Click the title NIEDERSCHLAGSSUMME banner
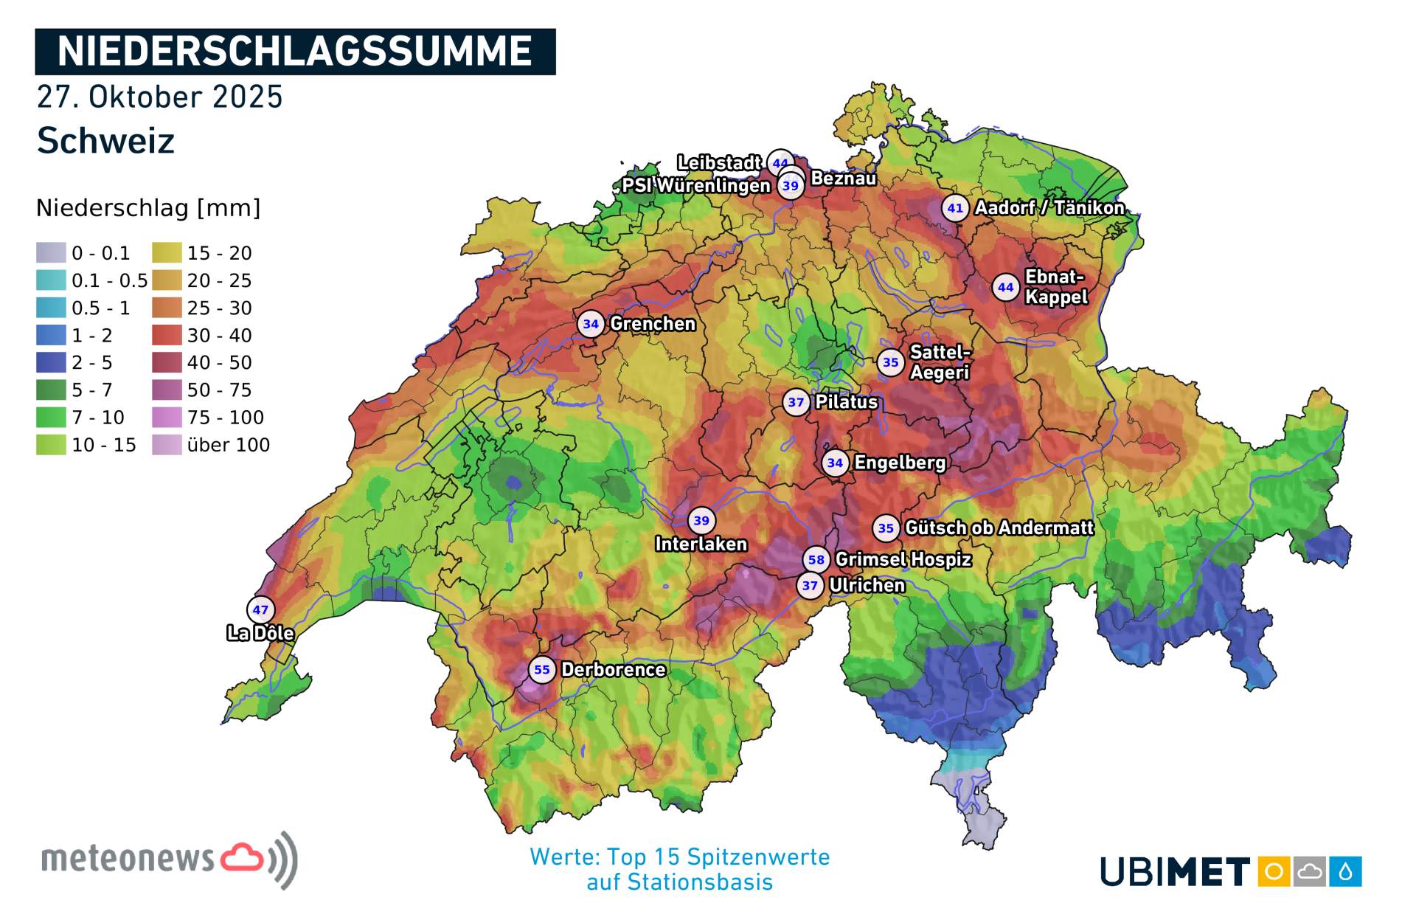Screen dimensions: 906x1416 (x=295, y=52)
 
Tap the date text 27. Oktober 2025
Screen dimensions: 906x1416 (x=159, y=97)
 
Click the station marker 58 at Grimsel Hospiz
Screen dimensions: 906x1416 (x=816, y=560)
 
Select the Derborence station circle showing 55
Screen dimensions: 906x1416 (x=542, y=670)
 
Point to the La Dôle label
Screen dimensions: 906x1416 (x=260, y=633)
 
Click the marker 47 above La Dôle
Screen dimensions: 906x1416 (x=260, y=610)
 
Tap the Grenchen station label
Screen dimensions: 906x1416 (x=653, y=324)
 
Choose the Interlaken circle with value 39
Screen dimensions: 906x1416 (x=701, y=521)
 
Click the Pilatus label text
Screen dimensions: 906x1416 (x=847, y=402)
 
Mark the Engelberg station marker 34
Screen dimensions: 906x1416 (x=835, y=463)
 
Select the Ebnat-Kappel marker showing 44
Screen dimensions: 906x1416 (x=1006, y=288)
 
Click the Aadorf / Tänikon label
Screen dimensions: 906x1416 (x=1049, y=208)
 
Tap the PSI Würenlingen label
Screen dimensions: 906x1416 (x=695, y=186)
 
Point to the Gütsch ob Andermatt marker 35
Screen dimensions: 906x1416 (x=886, y=528)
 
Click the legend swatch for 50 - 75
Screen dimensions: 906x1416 (x=167, y=390)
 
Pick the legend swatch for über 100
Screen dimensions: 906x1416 (x=167, y=445)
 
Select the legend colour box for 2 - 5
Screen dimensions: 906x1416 (x=51, y=362)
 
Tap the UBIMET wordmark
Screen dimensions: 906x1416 (x=1175, y=872)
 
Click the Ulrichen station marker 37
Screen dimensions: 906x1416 (x=810, y=586)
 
